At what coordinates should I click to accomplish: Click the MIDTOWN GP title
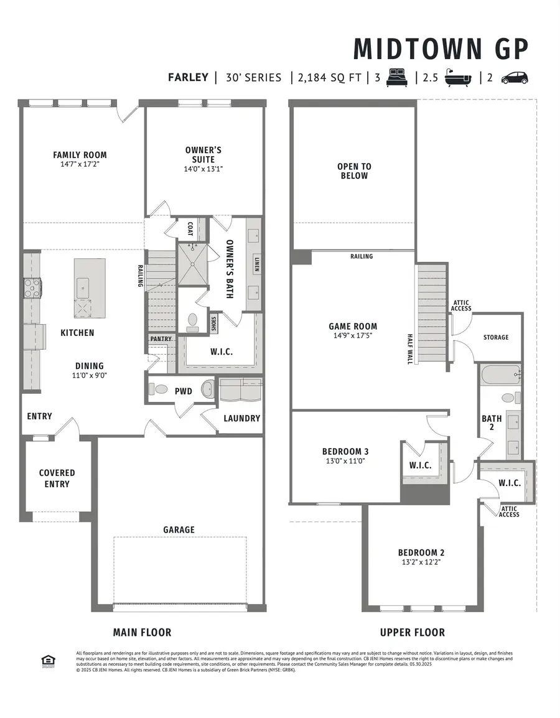[441, 49]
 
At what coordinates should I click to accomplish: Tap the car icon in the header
[514, 78]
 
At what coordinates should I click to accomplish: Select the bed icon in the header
[397, 78]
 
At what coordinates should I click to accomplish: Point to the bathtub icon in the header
[457, 78]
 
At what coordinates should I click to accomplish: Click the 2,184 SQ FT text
[329, 78]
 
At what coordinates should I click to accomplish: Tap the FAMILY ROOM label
[80, 155]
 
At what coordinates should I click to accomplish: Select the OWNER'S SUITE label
[203, 155]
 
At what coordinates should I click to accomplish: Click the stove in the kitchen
[33, 287]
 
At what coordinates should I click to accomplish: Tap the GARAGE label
[179, 529]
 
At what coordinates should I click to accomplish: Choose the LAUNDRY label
[241, 418]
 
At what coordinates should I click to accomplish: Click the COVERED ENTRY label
[57, 478]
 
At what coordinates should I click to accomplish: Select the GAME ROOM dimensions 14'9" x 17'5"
[353, 336]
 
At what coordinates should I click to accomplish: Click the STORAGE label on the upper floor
[496, 337]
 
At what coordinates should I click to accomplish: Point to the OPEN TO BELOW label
[353, 171]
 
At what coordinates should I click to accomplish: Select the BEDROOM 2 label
[421, 552]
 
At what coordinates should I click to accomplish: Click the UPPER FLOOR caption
[413, 632]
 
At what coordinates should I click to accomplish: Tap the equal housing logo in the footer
[45, 660]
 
